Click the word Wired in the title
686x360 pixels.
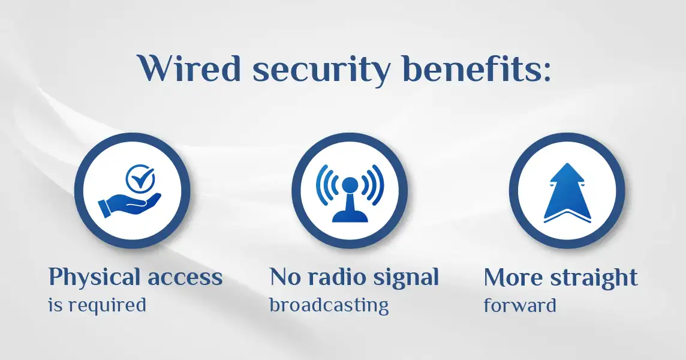coord(189,68)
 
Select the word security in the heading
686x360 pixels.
coord(321,71)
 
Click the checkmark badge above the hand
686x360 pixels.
coord(140,178)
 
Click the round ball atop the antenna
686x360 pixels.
coord(350,185)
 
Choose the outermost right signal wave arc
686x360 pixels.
coord(379,185)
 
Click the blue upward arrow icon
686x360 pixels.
coord(567,193)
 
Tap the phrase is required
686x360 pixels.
coord(97,305)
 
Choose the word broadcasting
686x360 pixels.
coord(329,305)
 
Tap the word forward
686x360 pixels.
coord(520,305)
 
